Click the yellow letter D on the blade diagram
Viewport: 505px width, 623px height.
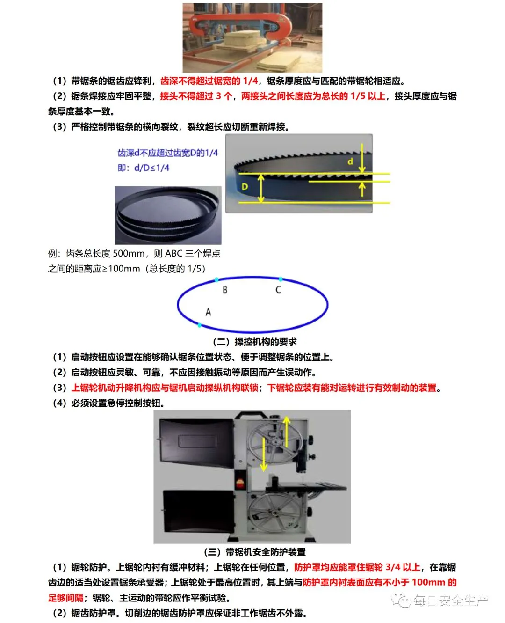click(x=245, y=187)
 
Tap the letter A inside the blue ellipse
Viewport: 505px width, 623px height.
click(x=208, y=312)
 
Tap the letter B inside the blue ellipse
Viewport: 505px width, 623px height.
click(x=224, y=290)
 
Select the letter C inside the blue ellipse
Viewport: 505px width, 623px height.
click(x=278, y=290)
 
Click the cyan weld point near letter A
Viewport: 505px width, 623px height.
click(x=200, y=325)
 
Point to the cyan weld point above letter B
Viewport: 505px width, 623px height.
click(x=216, y=279)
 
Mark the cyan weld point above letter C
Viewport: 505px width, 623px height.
click(x=281, y=279)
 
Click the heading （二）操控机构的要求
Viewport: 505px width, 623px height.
click(x=255, y=342)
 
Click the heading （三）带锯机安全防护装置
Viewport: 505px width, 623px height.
click(x=255, y=552)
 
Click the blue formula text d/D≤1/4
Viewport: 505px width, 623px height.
click(x=151, y=168)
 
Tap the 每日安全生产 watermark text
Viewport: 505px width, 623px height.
click(x=450, y=601)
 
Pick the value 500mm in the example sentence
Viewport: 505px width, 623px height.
click(x=129, y=253)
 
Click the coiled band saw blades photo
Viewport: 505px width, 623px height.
click(x=168, y=215)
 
